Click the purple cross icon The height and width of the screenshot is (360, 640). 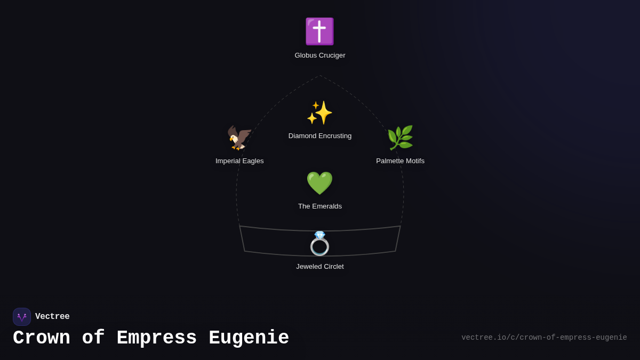(319, 31)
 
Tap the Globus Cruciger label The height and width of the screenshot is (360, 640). (320, 55)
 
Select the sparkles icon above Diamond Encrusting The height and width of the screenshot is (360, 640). (319, 113)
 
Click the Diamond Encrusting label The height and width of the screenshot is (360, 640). (320, 136)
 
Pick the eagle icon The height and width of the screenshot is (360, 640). (239, 138)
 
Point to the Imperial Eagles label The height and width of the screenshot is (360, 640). (239, 161)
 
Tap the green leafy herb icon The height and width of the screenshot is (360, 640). (400, 138)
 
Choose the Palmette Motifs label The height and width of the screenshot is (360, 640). (400, 161)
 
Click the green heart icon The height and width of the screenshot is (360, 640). (319, 183)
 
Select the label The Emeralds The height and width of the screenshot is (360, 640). (320, 206)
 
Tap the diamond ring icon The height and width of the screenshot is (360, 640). (319, 245)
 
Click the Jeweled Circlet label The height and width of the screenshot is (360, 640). (320, 267)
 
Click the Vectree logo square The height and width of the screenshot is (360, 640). (22, 317)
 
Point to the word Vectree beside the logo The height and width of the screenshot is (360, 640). (52, 317)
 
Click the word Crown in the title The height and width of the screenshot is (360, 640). (42, 338)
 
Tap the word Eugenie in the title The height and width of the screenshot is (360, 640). (249, 338)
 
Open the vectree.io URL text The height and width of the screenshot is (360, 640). (544, 338)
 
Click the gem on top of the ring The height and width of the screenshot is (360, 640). (319, 235)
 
